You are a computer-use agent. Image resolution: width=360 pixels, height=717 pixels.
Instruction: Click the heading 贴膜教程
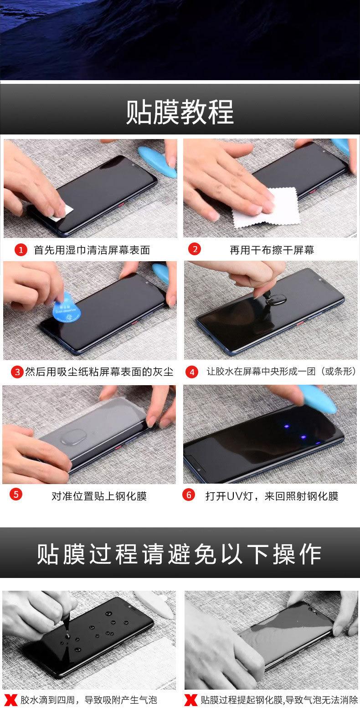pyautogui.click(x=180, y=112)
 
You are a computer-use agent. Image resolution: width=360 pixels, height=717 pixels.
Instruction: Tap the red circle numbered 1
pyautogui.click(x=21, y=250)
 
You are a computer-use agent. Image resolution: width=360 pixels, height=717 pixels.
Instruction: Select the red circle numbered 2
pyautogui.click(x=195, y=249)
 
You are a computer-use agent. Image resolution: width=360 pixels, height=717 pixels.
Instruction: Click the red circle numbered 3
pyautogui.click(x=17, y=372)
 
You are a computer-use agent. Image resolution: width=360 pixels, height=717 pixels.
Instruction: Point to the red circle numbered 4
pyautogui.click(x=192, y=372)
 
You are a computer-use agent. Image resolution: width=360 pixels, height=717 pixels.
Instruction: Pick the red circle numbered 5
pyautogui.click(x=15, y=494)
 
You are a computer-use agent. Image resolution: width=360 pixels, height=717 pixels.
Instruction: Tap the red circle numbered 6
pyautogui.click(x=189, y=495)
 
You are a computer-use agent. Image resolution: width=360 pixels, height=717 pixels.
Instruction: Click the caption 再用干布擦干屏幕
pyautogui.click(x=272, y=250)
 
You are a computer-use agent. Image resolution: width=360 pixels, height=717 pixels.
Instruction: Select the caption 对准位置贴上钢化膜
pyautogui.click(x=99, y=496)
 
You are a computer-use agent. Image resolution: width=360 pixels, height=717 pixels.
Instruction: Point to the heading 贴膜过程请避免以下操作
pyautogui.click(x=179, y=554)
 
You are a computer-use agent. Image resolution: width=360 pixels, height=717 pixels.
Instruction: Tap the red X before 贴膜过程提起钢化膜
pyautogui.click(x=191, y=700)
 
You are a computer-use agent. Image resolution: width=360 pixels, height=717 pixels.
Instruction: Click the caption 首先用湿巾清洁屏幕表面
pyautogui.click(x=92, y=250)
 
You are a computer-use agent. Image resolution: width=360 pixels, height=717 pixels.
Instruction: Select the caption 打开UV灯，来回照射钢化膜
pyautogui.click(x=272, y=496)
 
